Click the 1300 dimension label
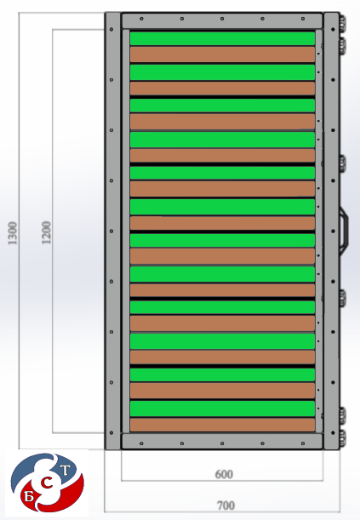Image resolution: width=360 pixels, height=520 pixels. coord(12,233)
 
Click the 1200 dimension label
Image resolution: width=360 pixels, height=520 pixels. coord(46,232)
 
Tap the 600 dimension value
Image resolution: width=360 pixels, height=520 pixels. coord(224,474)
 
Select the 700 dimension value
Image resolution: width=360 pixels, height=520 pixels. coord(226,506)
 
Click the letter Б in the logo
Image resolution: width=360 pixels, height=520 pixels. coord(29,496)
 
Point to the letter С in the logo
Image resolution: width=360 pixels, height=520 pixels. coord(48,484)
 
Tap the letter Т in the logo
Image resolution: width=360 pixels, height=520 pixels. coord(66,471)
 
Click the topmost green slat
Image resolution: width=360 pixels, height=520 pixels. coord(222,38)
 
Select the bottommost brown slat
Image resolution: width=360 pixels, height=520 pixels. coord(222,425)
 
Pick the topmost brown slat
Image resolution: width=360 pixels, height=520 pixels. coord(222,54)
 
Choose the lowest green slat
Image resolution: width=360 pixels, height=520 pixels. coord(222,409)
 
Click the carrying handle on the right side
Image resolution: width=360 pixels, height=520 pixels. coord(344,231)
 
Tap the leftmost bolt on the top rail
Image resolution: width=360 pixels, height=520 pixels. coord(141,19)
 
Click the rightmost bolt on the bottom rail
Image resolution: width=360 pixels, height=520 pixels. coord(303,443)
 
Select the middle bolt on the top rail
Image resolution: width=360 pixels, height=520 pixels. coord(222,19)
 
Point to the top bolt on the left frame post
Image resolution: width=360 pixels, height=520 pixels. coord(111,30)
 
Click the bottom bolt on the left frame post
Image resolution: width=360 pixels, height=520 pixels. coord(111,433)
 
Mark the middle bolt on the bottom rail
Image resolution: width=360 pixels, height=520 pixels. coord(222,443)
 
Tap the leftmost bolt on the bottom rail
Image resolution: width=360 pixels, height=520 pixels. coord(141,443)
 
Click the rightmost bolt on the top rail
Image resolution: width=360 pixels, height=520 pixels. coord(303,19)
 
